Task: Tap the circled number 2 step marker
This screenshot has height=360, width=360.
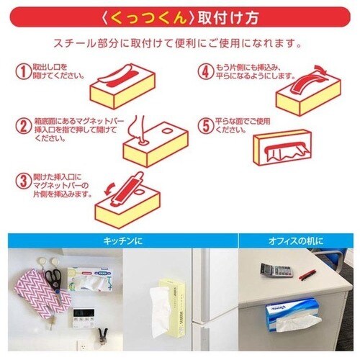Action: (x=24, y=125)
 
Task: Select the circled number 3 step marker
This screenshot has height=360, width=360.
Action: (x=24, y=179)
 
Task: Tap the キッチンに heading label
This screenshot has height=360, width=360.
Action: (x=118, y=240)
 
